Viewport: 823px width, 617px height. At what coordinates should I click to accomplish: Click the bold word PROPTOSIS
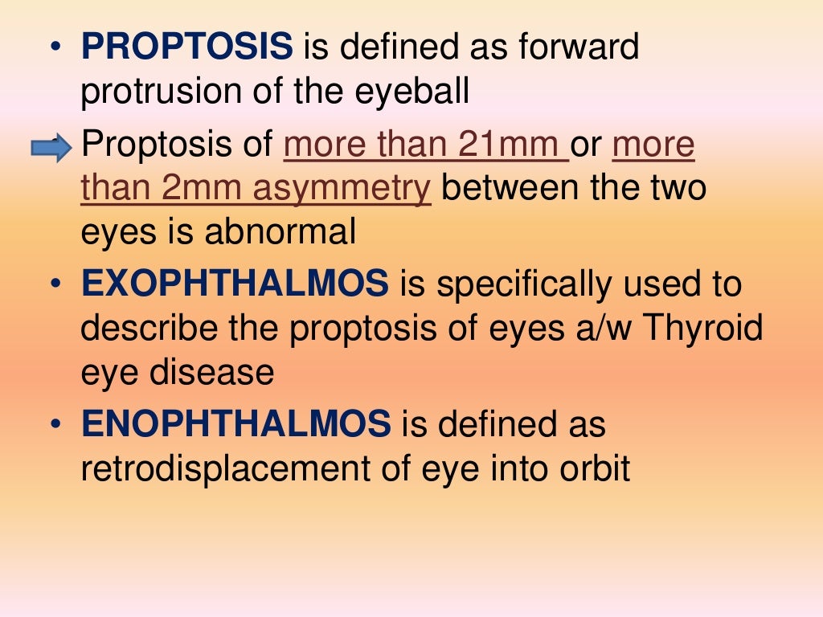[186, 47]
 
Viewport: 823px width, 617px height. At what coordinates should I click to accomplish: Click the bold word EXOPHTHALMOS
[235, 284]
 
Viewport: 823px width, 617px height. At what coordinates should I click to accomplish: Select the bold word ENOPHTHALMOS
[236, 424]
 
